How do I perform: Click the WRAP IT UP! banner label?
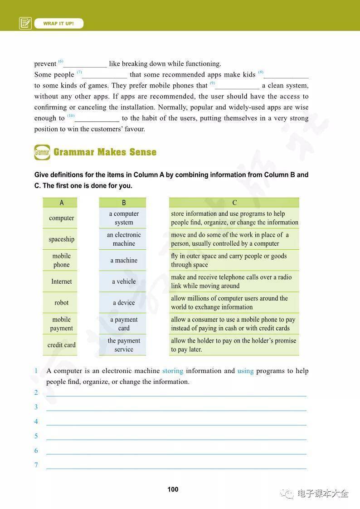(58, 23)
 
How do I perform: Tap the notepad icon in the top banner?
(25, 23)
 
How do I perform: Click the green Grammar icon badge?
(42, 152)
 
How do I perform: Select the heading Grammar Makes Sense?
(105, 152)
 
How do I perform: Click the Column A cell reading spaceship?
(61, 239)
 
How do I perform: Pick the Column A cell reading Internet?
(61, 281)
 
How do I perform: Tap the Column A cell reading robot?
(61, 303)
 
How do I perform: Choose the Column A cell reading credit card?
(61, 345)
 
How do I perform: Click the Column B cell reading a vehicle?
(124, 281)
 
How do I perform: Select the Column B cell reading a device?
(124, 303)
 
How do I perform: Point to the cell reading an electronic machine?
(124, 239)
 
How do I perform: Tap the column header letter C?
(234, 203)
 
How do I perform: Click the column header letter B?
(124, 203)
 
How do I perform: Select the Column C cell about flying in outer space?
(234, 261)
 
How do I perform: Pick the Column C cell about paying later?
(234, 345)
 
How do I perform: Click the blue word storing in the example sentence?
(173, 371)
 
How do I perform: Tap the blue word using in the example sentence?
(245, 371)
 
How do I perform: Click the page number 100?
(173, 489)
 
